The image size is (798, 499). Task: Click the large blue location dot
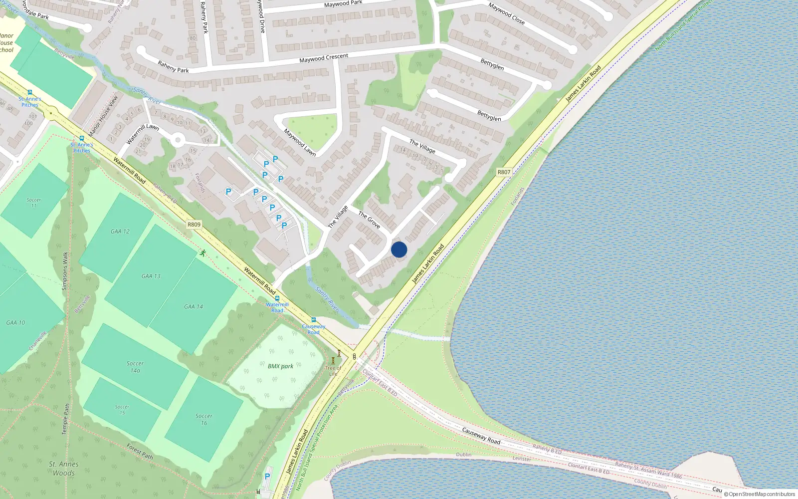(x=399, y=249)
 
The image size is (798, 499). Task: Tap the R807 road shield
(x=504, y=172)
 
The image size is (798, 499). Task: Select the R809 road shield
(x=194, y=225)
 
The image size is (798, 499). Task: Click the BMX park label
(x=280, y=366)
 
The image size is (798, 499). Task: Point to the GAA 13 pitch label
(x=151, y=276)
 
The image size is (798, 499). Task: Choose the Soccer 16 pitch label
(x=203, y=419)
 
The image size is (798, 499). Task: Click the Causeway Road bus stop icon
(x=314, y=320)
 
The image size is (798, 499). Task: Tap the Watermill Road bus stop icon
(x=277, y=298)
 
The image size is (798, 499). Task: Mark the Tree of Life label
(x=333, y=371)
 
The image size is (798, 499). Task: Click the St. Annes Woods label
(x=63, y=469)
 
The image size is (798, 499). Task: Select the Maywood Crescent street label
(x=324, y=58)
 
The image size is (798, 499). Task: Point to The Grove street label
(x=369, y=220)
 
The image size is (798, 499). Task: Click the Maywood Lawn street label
(x=300, y=143)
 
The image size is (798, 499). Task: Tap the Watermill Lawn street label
(x=143, y=134)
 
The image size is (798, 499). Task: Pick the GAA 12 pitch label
(x=120, y=232)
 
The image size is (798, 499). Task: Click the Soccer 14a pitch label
(x=135, y=367)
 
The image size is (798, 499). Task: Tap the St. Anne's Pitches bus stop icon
(x=82, y=138)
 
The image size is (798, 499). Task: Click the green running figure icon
(x=202, y=253)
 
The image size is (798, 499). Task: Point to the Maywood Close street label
(x=506, y=13)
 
